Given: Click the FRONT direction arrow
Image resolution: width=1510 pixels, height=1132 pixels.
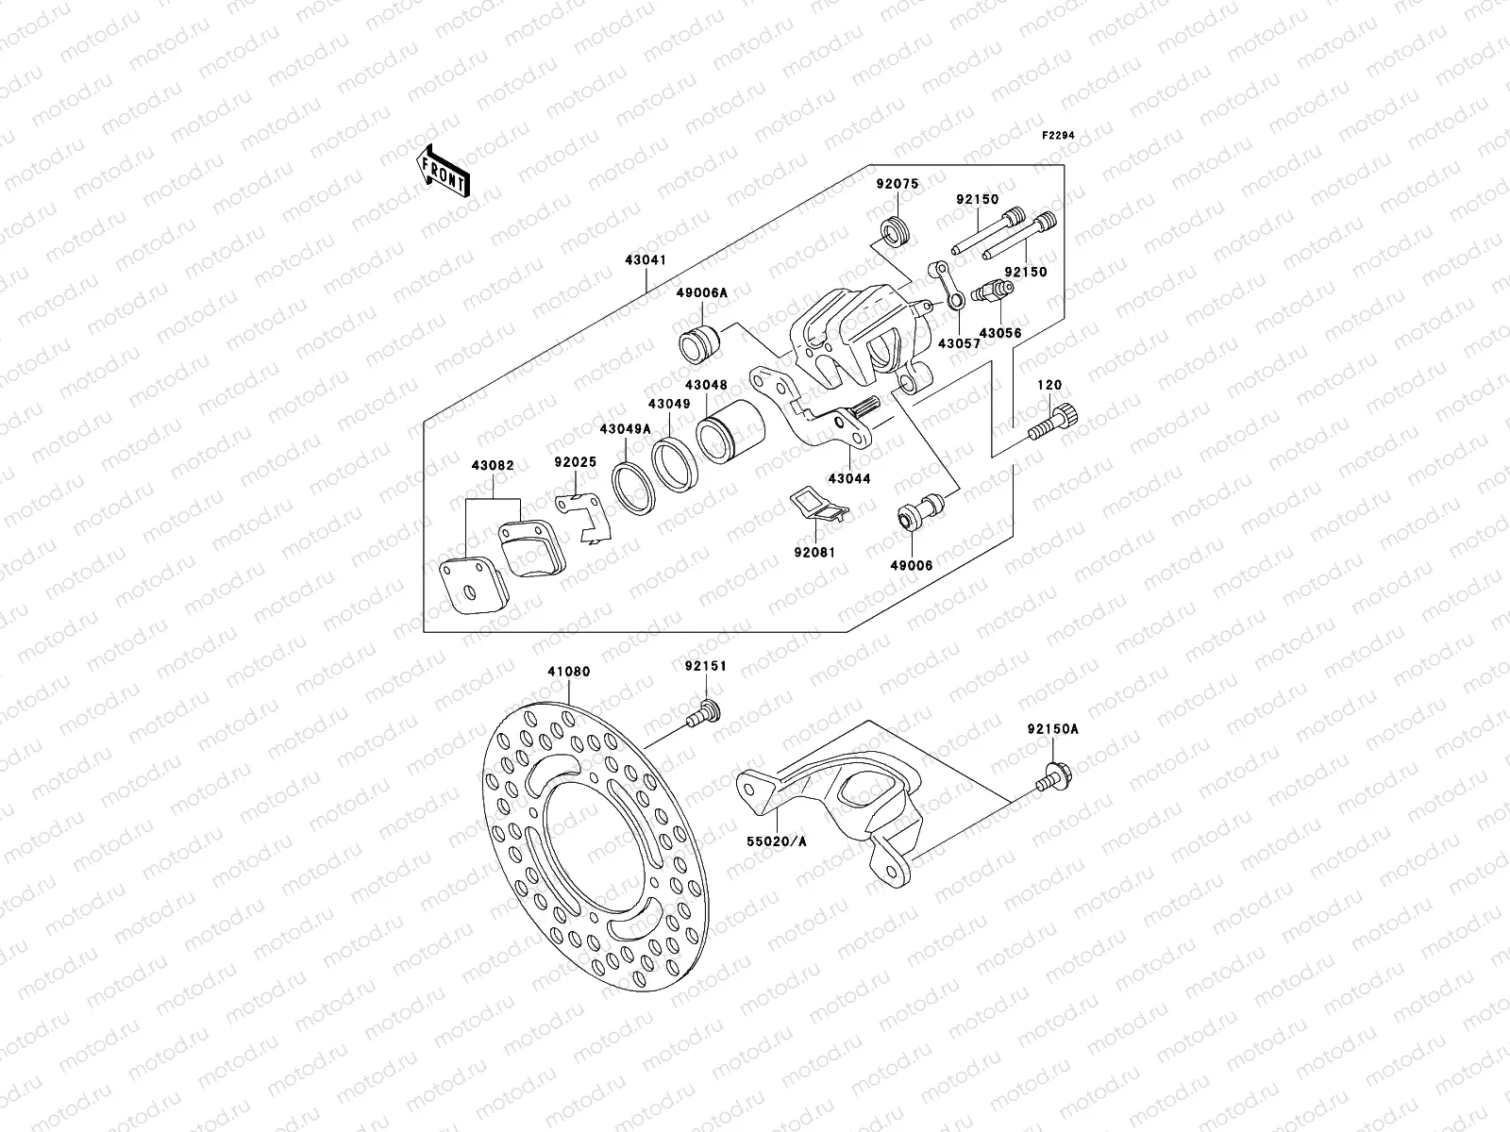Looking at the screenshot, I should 444,171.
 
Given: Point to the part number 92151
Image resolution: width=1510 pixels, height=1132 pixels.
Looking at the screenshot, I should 706,666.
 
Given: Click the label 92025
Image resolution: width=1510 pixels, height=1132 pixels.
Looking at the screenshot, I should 575,463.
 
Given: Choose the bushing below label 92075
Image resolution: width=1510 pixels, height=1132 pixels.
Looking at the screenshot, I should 895,230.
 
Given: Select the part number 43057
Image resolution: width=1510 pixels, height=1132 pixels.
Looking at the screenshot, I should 958,344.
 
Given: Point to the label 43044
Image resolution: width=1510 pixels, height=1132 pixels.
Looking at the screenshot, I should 849,478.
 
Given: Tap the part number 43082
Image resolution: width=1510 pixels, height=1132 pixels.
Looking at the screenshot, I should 493,465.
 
